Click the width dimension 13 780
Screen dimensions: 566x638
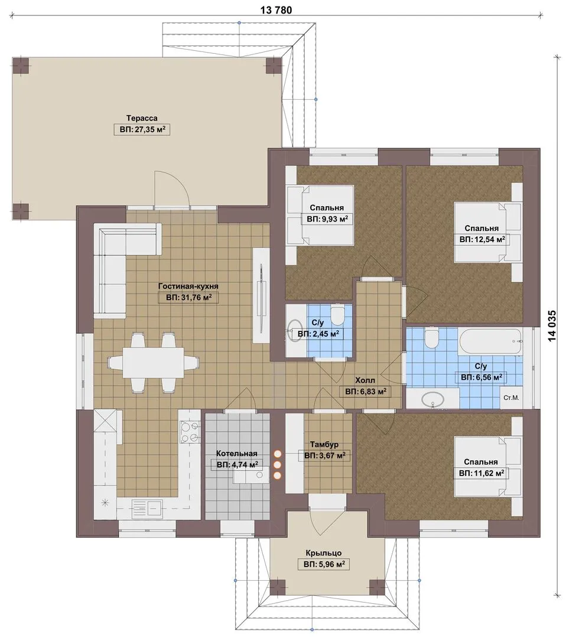pyautogui.click(x=276, y=10)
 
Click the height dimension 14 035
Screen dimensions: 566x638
pyautogui.click(x=552, y=326)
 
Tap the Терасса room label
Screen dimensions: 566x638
pyautogui.click(x=142, y=118)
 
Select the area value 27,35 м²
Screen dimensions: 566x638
pyautogui.click(x=142, y=130)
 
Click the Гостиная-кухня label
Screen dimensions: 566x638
pyautogui.click(x=188, y=286)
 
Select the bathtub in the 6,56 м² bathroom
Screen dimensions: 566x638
pyautogui.click(x=490, y=341)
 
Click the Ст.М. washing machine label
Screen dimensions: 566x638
pyautogui.click(x=511, y=398)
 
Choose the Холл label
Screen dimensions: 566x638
pyautogui.click(x=365, y=380)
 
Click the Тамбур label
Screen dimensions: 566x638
pyautogui.click(x=324, y=444)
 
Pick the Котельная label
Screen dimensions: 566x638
pyautogui.click(x=236, y=453)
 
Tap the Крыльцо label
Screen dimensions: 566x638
pyautogui.click(x=324, y=553)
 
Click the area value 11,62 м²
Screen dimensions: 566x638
pyautogui.click(x=482, y=473)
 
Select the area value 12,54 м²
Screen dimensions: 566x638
pyautogui.click(x=482, y=240)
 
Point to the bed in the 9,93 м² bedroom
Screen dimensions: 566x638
pyautogui.click(x=320, y=215)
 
